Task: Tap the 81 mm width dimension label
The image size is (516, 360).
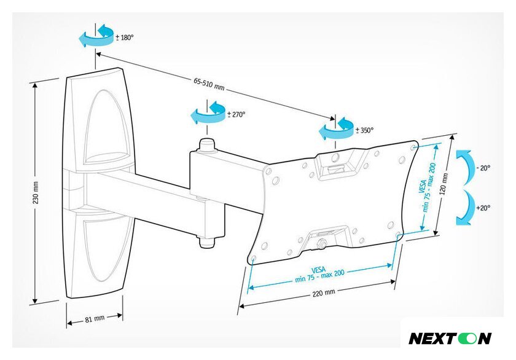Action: point(95,318)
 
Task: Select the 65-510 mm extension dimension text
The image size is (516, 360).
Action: point(209,85)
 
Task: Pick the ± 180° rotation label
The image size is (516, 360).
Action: point(125,37)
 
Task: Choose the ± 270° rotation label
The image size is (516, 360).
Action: point(237,114)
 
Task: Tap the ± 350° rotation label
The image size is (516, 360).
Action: point(364,130)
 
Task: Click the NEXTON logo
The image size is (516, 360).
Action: point(450,338)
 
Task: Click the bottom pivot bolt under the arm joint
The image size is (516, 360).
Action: point(206,241)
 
